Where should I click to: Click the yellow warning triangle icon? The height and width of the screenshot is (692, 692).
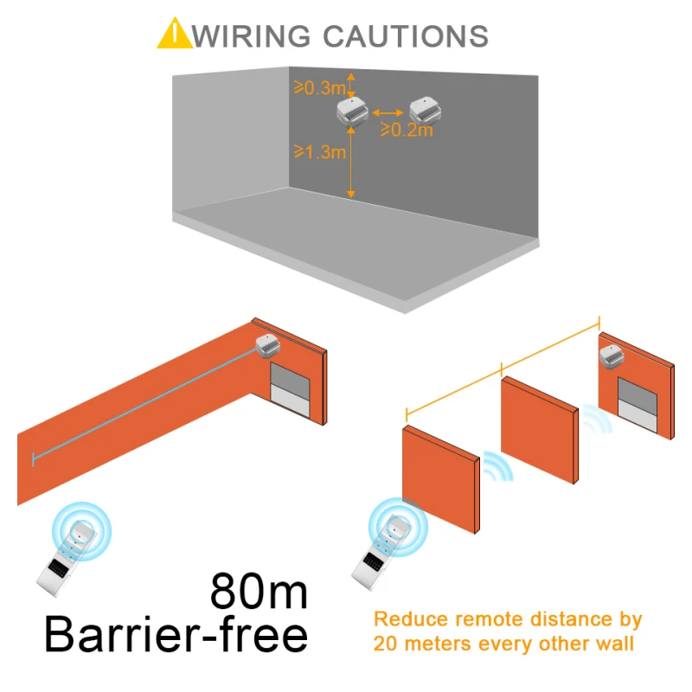click(x=176, y=34)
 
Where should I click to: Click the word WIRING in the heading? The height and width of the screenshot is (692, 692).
click(x=251, y=35)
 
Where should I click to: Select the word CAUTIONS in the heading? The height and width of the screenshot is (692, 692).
click(x=405, y=35)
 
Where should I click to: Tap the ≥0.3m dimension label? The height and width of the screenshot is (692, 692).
click(x=320, y=87)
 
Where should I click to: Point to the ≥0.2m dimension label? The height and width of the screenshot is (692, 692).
click(x=406, y=131)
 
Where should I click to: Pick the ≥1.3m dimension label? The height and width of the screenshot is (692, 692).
click(x=319, y=153)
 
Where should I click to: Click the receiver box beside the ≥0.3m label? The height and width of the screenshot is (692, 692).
click(x=351, y=111)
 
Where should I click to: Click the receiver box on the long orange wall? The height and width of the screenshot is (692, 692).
click(x=267, y=343)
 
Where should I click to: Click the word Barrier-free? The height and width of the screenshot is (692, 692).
click(x=176, y=636)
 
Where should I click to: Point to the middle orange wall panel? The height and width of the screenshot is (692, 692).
click(x=539, y=429)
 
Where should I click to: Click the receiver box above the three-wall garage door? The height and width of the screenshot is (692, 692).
click(x=612, y=356)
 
